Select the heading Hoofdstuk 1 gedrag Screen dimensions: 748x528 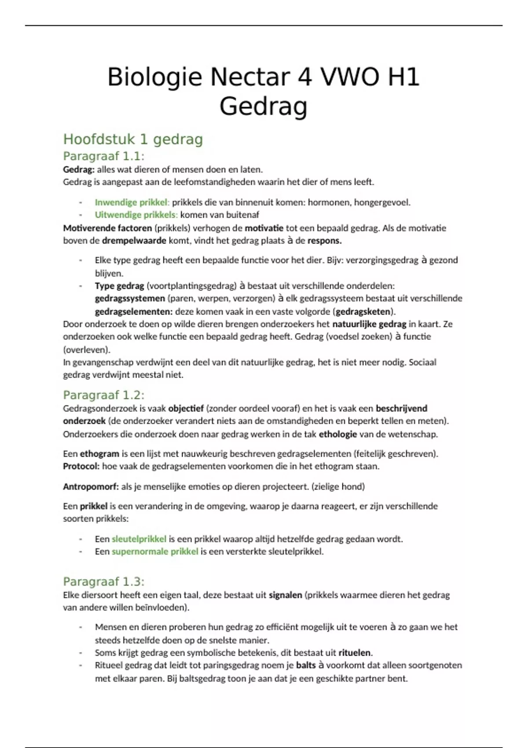click(x=133, y=139)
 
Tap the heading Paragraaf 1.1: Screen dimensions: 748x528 click(x=104, y=156)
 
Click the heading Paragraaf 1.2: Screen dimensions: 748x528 click(x=104, y=395)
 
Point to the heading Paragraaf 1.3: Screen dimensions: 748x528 click(x=104, y=582)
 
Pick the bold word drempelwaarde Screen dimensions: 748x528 click(x=134, y=241)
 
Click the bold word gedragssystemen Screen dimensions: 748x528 click(x=130, y=298)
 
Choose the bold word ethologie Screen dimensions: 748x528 click(x=337, y=434)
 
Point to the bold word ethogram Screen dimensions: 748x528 click(x=99, y=454)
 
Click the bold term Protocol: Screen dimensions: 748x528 click(x=81, y=466)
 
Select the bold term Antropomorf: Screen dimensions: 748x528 click(x=91, y=487)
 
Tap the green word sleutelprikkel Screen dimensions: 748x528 click(x=139, y=539)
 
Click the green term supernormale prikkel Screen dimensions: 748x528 click(x=155, y=551)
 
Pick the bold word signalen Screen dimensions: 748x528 click(x=285, y=595)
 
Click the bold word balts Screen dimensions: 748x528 click(x=306, y=665)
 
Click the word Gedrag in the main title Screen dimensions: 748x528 click(x=263, y=106)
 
